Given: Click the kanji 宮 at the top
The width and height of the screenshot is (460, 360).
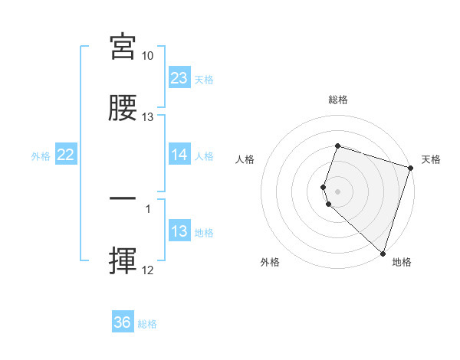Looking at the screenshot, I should point(123,47).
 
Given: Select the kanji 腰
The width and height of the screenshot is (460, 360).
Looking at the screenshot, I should point(123,108).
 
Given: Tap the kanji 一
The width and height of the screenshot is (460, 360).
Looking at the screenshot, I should point(123,200).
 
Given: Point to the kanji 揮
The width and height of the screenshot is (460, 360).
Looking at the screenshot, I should point(123,260).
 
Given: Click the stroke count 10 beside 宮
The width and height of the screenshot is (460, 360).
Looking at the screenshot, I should point(148,56).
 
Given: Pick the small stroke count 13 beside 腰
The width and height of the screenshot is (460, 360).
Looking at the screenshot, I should point(148,117).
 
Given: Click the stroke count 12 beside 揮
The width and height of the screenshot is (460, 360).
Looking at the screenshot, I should point(148,270).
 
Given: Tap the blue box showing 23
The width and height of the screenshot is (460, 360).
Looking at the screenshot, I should point(179,78).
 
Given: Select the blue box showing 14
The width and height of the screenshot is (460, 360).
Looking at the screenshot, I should point(179,155).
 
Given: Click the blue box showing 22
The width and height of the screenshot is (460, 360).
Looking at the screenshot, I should point(66,155).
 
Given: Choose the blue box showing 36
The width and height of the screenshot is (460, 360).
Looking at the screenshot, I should point(123,322).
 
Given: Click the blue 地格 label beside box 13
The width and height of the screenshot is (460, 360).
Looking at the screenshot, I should point(205,232).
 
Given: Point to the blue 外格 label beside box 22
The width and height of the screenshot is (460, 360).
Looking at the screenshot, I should point(41,155).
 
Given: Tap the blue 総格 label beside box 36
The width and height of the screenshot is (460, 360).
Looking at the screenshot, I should point(148,323).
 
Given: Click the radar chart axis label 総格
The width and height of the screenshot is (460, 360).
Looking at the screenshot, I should point(338,100).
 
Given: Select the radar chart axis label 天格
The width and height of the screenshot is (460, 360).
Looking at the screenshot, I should point(431,159).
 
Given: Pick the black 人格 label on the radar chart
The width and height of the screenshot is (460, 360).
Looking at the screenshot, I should point(245,159).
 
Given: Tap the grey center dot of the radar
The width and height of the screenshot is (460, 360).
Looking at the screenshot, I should point(338,191).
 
